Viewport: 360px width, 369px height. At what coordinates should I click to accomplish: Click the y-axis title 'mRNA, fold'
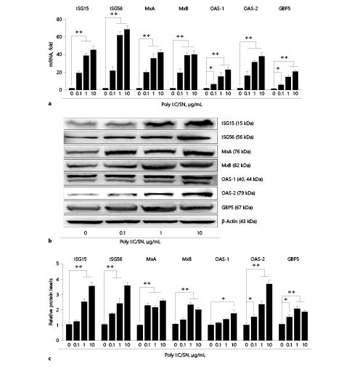click(x=52, y=52)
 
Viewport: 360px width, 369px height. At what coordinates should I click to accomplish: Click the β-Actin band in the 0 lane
click(x=86, y=219)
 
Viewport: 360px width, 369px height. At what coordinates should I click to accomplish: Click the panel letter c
click(x=49, y=358)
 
